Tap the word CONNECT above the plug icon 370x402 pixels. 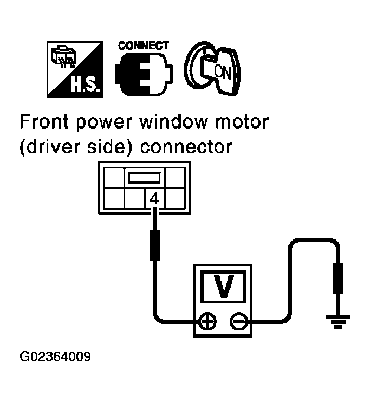[144, 46]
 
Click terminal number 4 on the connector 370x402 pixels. [154, 199]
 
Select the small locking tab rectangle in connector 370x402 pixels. [144, 177]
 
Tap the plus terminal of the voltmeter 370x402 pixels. [206, 321]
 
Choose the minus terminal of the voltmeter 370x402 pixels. [237, 321]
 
